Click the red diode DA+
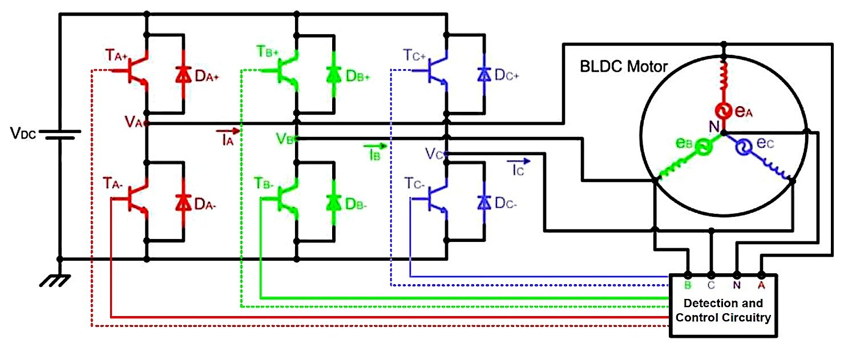183,74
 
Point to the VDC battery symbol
59,135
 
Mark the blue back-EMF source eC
742,148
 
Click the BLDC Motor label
623,67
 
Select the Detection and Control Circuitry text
723,310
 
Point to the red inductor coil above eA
724,80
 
